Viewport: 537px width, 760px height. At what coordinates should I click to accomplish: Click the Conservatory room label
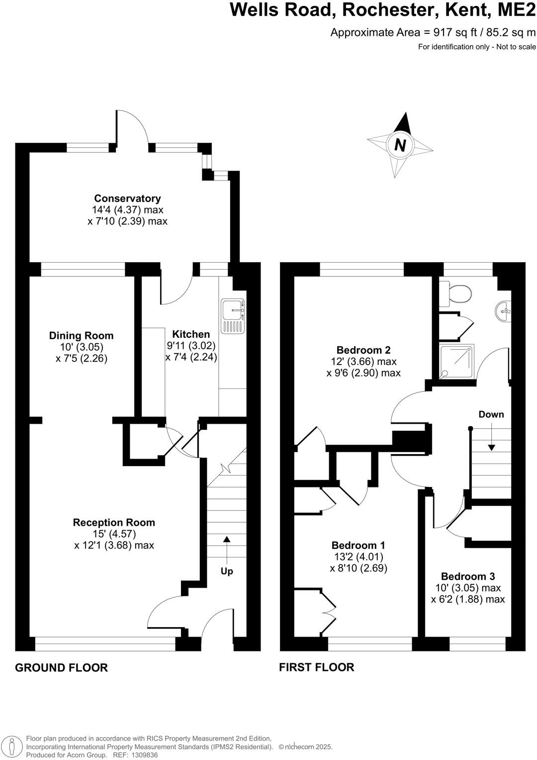(x=127, y=198)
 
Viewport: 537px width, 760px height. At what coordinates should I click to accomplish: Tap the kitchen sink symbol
(x=233, y=316)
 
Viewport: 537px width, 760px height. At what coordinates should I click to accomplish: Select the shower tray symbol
(x=456, y=362)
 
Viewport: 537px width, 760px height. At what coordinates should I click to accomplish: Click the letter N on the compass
(x=400, y=146)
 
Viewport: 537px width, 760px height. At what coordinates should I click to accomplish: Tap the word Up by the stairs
(x=227, y=571)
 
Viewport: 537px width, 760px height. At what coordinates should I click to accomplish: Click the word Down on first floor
(x=491, y=414)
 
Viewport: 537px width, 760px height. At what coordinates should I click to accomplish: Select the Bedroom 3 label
(x=468, y=576)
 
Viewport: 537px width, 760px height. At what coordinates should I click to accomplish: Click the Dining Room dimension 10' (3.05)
(x=81, y=347)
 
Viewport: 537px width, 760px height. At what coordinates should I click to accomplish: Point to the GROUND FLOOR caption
(x=61, y=667)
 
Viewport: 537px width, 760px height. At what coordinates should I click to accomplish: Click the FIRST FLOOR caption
(x=316, y=667)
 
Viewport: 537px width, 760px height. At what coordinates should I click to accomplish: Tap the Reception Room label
(x=114, y=522)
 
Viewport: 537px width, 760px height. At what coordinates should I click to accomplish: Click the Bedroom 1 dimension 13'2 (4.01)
(x=358, y=557)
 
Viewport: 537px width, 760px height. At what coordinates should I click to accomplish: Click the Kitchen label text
(x=191, y=334)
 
